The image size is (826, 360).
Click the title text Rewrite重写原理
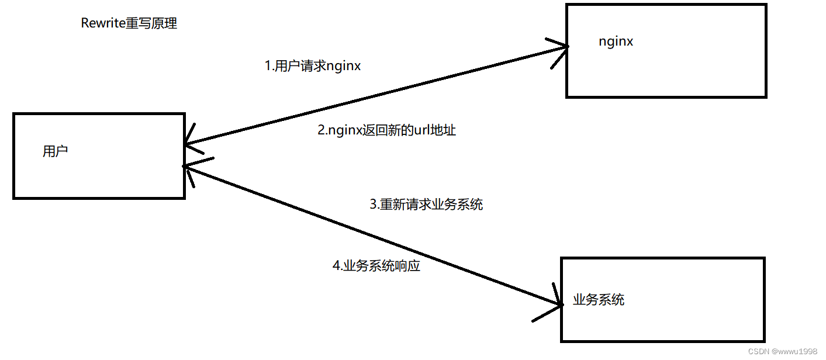pyautogui.click(x=129, y=23)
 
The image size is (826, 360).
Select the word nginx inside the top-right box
pyautogui.click(x=616, y=41)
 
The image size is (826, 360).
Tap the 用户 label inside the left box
pyautogui.click(x=56, y=151)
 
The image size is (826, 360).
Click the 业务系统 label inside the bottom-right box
pyautogui.click(x=599, y=300)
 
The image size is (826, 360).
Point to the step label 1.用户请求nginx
pyautogui.click(x=313, y=66)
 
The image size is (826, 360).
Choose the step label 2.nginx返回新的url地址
pyautogui.click(x=386, y=130)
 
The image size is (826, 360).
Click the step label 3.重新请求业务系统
pyautogui.click(x=426, y=205)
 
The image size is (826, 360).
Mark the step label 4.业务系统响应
pyautogui.click(x=376, y=266)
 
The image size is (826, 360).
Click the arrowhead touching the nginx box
pyautogui.click(x=561, y=47)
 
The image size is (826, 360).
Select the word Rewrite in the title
pyautogui.click(x=103, y=23)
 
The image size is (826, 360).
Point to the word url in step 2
pyautogui.click(x=422, y=130)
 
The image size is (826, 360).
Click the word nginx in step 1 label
pyautogui.click(x=344, y=66)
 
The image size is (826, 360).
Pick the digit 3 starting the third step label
pyautogui.click(x=374, y=205)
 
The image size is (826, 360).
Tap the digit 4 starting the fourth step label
pyautogui.click(x=336, y=266)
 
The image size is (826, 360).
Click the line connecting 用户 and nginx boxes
pyautogui.click(x=374, y=95)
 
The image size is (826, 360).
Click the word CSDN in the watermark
pyautogui.click(x=758, y=351)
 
